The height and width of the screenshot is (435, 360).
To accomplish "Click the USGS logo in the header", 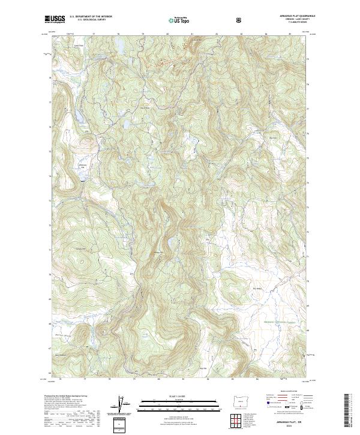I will [x=55, y=19].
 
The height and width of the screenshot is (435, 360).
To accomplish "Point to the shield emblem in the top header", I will [x=240, y=20].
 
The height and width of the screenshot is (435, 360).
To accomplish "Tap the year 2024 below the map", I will [x=284, y=427].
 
